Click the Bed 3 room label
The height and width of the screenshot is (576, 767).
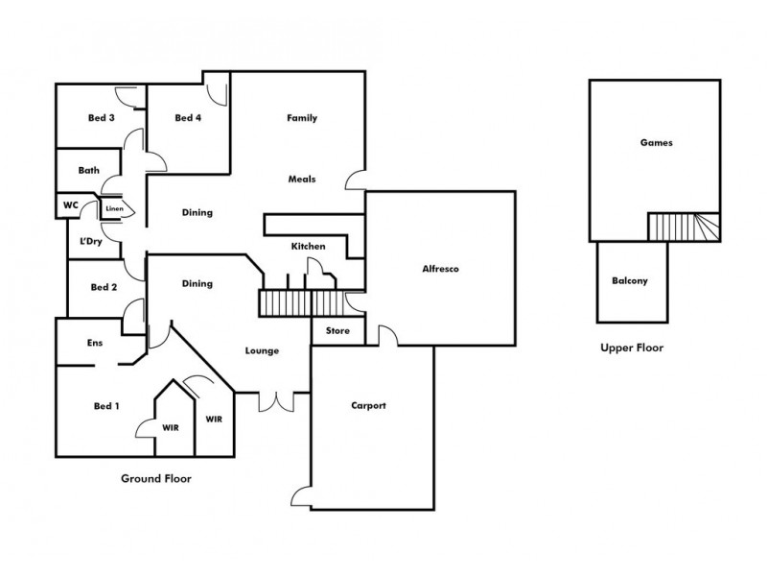[102, 118]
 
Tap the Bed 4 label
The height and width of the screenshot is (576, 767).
[188, 118]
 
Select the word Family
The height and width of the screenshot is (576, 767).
[302, 118]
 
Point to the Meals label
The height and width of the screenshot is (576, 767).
[302, 180]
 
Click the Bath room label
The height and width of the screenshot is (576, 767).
[89, 171]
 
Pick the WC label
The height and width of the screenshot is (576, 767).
[70, 205]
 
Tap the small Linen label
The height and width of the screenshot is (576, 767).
[114, 208]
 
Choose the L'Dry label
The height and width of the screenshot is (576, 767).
[91, 241]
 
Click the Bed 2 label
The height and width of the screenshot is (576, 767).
[104, 287]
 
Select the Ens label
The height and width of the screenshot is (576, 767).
[95, 343]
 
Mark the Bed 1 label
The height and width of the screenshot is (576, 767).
[106, 406]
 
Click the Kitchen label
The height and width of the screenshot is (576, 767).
[309, 247]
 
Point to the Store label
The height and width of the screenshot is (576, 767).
[338, 331]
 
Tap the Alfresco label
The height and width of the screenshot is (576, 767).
[441, 270]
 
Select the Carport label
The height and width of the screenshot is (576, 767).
[369, 406]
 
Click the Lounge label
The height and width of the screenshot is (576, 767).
[262, 351]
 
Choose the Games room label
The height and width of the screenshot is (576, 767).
[657, 143]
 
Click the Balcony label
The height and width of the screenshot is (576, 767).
[630, 281]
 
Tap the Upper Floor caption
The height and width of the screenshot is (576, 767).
[632, 348]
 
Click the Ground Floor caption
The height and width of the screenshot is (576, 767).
[155, 478]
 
